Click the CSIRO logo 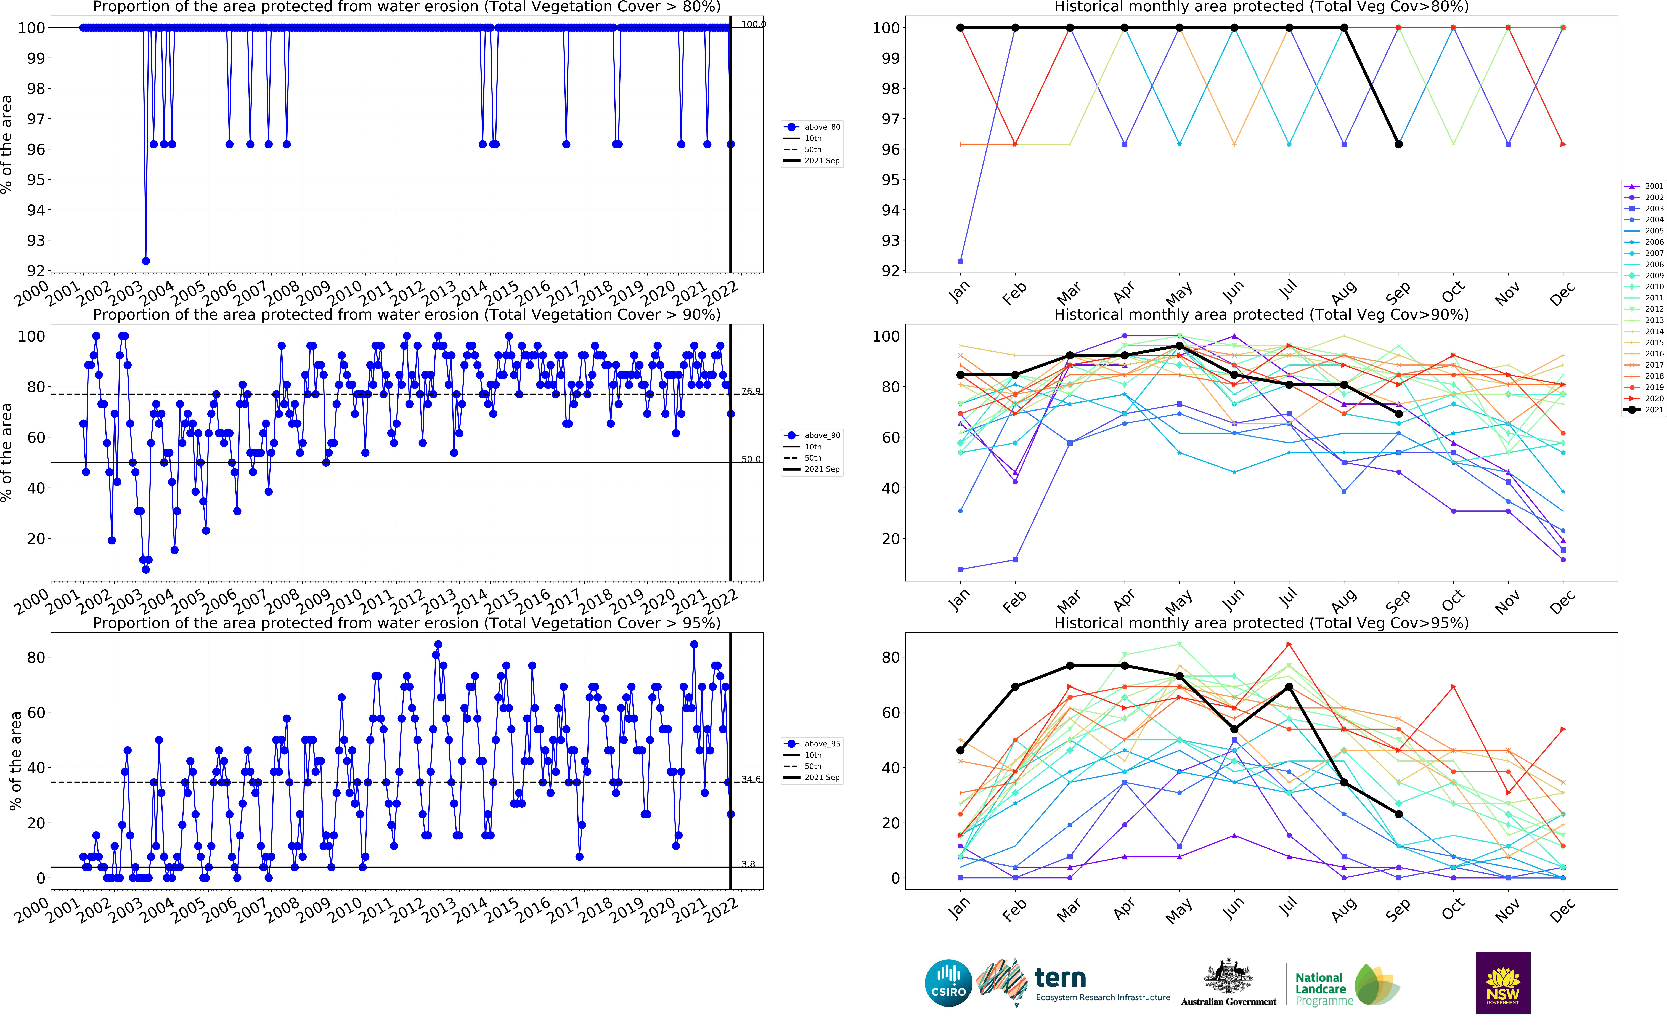click(948, 983)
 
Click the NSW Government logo click(1503, 983)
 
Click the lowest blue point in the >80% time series click(145, 261)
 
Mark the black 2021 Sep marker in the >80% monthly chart click(1399, 144)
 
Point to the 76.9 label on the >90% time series click(751, 391)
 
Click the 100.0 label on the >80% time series click(753, 25)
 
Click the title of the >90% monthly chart click(1261, 315)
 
